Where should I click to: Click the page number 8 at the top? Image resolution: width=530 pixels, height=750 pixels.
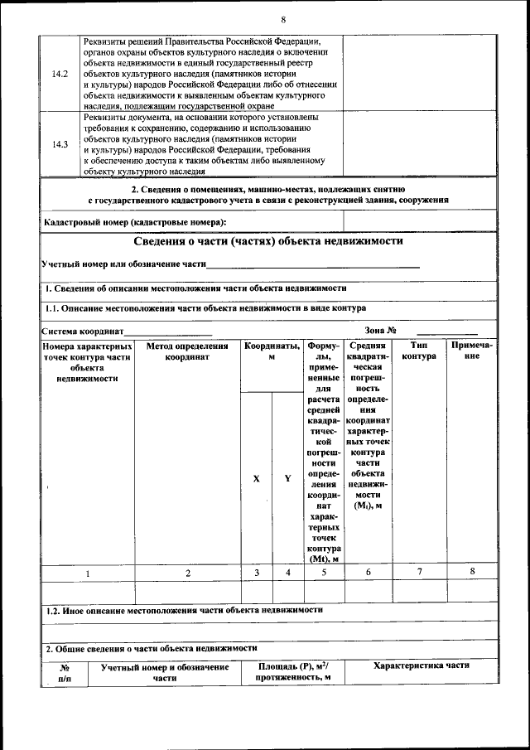click(x=283, y=19)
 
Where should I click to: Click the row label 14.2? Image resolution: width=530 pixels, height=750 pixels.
click(x=60, y=74)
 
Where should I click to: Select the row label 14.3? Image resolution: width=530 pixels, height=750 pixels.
click(x=60, y=145)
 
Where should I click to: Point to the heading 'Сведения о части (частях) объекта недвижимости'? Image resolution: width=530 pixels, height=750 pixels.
click(x=268, y=241)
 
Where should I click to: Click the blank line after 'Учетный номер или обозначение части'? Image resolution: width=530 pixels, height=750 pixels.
click(x=312, y=265)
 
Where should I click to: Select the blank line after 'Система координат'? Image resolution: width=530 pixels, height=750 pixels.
click(x=168, y=331)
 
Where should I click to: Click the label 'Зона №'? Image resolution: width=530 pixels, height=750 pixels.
click(x=381, y=331)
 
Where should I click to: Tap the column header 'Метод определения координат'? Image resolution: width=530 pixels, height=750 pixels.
click(x=187, y=351)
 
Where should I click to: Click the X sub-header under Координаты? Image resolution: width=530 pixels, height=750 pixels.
click(x=257, y=478)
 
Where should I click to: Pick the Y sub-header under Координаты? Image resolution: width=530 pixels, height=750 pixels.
click(x=287, y=478)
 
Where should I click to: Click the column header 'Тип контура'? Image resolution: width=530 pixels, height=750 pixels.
click(x=419, y=351)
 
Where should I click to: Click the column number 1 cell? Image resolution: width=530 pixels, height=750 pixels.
click(x=87, y=573)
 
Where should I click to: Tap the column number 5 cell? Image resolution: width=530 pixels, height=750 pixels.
click(x=324, y=573)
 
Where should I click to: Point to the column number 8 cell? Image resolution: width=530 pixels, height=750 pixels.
click(x=472, y=572)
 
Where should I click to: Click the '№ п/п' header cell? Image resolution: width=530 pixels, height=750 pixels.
click(x=64, y=672)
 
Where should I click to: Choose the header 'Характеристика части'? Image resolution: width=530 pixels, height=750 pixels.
click(x=421, y=665)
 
